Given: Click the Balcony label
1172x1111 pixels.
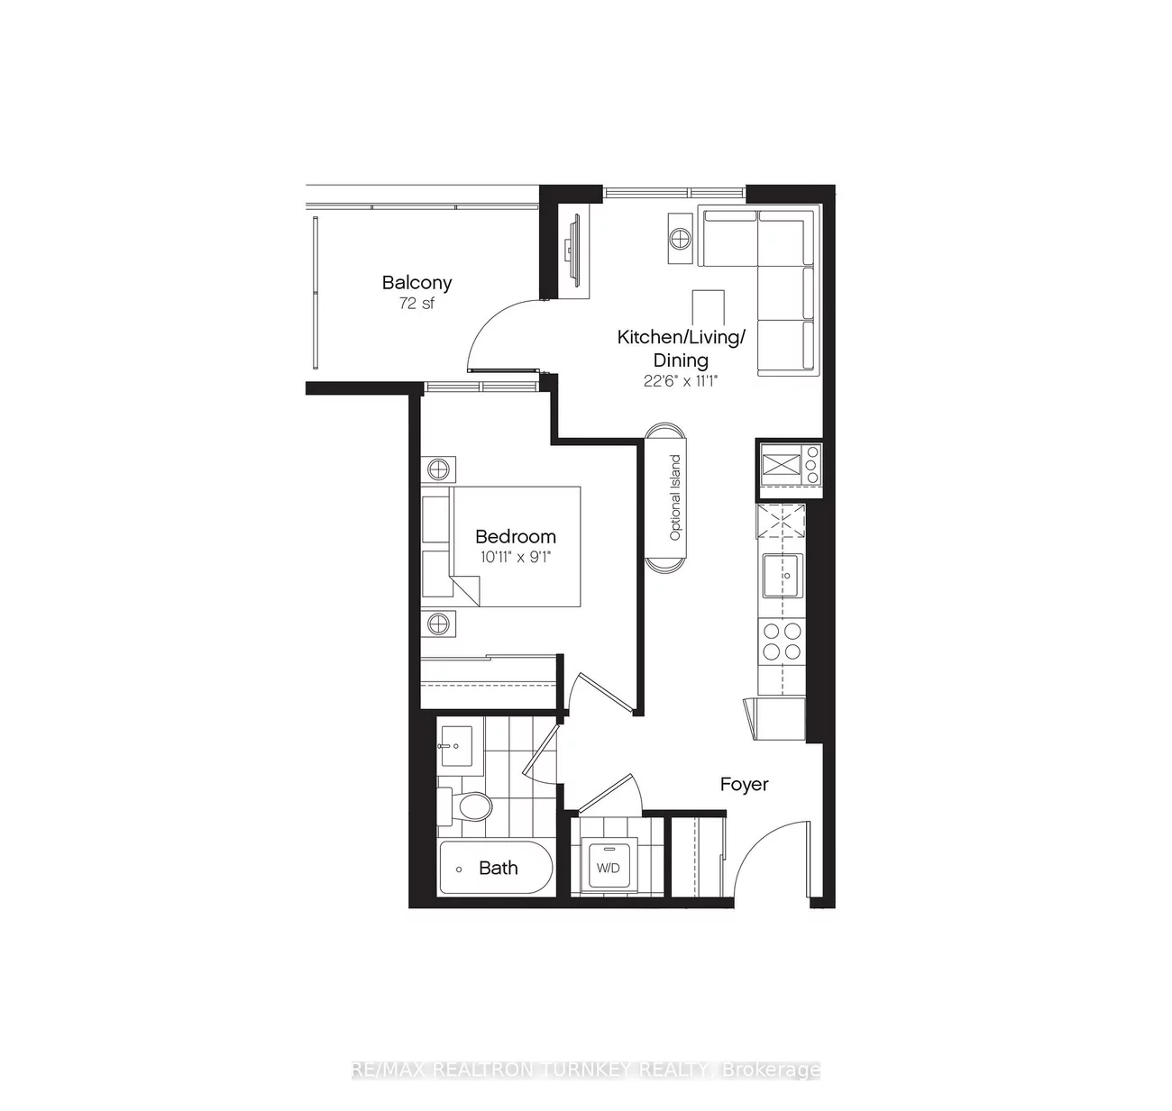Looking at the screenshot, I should (417, 282).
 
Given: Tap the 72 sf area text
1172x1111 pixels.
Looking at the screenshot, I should (417, 304).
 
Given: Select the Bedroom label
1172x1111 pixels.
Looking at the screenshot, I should (516, 536).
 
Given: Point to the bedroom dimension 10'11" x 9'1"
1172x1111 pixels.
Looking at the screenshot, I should (515, 557).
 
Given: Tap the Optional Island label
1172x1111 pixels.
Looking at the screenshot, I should (674, 498).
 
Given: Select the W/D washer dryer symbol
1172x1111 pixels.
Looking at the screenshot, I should (609, 868).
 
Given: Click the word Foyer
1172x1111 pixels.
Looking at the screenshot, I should (744, 784).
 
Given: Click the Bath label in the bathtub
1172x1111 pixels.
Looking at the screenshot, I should (498, 868).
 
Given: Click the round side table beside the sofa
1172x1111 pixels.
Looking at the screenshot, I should (681, 238).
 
